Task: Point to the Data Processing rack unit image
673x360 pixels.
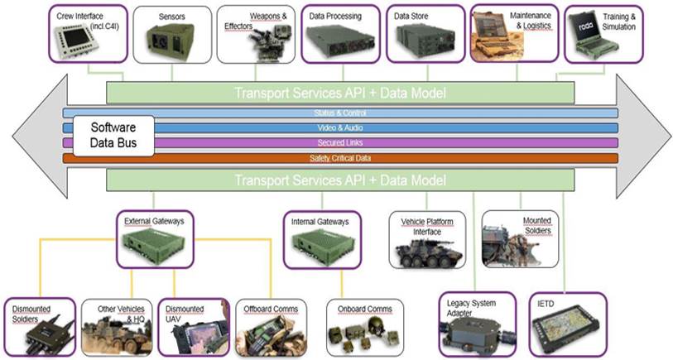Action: tap(338, 41)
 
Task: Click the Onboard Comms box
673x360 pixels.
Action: tap(364, 326)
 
